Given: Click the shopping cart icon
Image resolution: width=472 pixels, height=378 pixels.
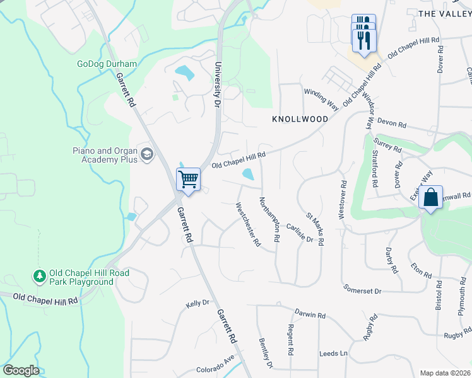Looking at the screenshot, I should pos(189,180).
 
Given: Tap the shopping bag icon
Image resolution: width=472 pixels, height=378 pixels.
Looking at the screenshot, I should pos(430,197).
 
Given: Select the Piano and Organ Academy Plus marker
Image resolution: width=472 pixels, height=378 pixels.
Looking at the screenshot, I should pos(147,155).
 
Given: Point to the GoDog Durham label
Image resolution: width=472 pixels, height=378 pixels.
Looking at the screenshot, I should pos(107,64).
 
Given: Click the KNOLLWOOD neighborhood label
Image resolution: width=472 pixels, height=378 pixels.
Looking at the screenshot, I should pos(300,119).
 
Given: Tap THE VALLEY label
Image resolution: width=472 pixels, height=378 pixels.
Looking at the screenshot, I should pos(445,13).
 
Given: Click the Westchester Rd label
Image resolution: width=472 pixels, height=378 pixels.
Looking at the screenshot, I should pos(247,224).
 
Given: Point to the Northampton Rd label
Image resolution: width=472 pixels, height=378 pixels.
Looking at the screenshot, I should pos(269,219).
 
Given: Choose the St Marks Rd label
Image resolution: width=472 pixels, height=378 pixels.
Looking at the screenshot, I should pos(314,229).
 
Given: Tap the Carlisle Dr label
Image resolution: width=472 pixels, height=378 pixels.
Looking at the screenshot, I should pos(299,233).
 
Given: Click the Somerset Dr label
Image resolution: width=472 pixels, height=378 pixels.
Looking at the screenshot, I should pos(363,290).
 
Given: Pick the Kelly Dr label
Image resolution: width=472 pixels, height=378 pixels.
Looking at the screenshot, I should pos(198,304).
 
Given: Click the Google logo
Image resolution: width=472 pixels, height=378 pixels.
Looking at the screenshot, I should pos(21,370).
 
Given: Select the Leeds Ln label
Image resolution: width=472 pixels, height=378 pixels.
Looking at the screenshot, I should pos(334,353).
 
